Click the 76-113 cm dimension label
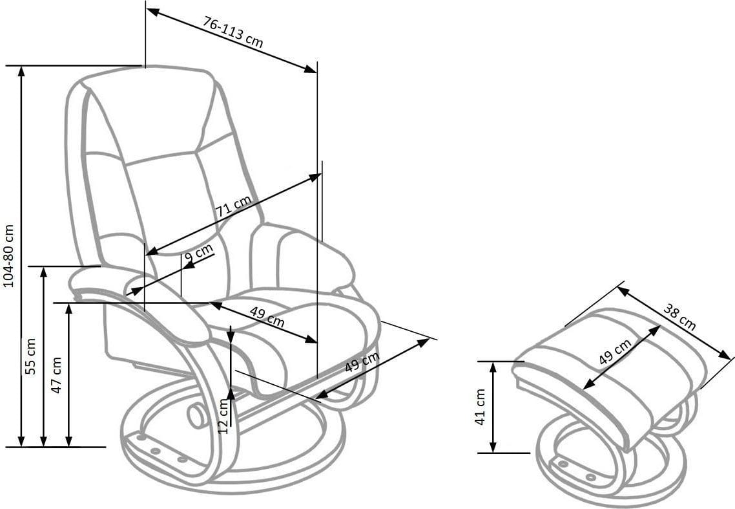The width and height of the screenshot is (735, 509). pyautogui.click(x=233, y=32)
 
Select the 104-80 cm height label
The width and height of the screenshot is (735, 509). pyautogui.click(x=9, y=256)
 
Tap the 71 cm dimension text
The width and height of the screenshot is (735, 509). pyautogui.click(x=233, y=206)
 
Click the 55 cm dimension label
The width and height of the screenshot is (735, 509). pyautogui.click(x=30, y=356)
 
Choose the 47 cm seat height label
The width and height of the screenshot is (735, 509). pyautogui.click(x=56, y=374)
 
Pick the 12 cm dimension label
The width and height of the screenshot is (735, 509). pyautogui.click(x=223, y=416)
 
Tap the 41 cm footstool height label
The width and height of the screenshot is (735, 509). pyautogui.click(x=480, y=407)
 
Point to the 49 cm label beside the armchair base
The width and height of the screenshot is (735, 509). pyautogui.click(x=362, y=362)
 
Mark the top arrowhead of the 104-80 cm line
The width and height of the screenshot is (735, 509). pyautogui.click(x=21, y=71)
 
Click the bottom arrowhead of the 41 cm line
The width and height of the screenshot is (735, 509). pyautogui.click(x=493, y=448)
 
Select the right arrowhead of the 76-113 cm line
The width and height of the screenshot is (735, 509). pyautogui.click(x=311, y=69)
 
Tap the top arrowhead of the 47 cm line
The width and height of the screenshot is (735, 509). pyautogui.click(x=69, y=309)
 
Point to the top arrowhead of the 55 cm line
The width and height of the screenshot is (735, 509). pyautogui.click(x=43, y=272)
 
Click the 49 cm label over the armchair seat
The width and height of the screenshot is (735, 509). pyautogui.click(x=267, y=317)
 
